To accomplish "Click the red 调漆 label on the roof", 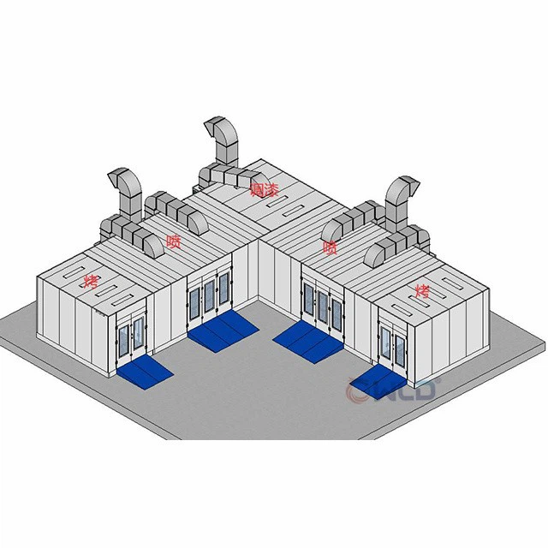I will [264, 189].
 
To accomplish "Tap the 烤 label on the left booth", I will [91, 280].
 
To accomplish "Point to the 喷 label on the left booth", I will [173, 241].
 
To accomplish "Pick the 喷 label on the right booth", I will [329, 247].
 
